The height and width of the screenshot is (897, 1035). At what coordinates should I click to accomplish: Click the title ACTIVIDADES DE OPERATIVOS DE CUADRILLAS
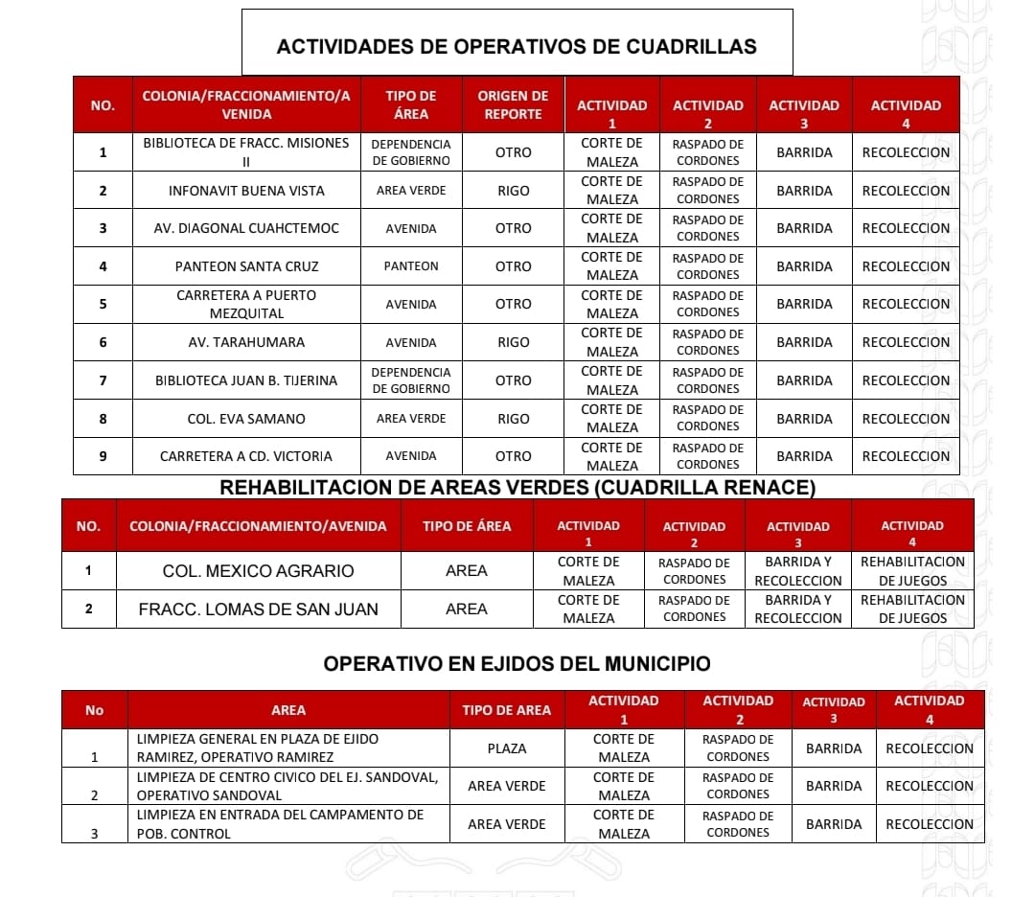(x=517, y=46)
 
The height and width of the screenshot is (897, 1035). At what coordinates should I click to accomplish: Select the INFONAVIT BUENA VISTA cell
(x=246, y=191)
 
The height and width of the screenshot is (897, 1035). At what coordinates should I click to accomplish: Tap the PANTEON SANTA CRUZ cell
(x=246, y=266)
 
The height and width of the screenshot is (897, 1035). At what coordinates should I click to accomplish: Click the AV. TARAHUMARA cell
(x=246, y=342)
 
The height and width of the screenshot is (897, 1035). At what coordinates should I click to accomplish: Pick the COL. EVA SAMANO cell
(x=246, y=419)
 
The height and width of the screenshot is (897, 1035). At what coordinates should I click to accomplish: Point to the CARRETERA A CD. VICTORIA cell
(x=246, y=456)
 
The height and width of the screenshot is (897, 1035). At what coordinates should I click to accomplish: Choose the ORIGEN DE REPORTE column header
(x=513, y=104)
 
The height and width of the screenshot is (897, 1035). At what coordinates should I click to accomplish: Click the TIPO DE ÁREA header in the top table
(x=410, y=104)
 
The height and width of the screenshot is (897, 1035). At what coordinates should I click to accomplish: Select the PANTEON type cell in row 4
(x=410, y=266)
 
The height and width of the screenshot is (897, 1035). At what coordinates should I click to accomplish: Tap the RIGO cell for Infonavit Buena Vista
(x=513, y=191)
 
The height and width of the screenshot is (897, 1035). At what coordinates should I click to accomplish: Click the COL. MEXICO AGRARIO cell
(x=258, y=571)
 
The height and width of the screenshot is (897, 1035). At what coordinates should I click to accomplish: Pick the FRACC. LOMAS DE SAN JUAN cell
(x=258, y=609)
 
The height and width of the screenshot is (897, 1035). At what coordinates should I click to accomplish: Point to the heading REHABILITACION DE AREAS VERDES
(x=517, y=488)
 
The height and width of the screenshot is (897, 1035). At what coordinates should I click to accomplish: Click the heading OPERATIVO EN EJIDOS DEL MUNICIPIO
(x=517, y=663)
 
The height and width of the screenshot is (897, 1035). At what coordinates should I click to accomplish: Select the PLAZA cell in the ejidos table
(x=506, y=748)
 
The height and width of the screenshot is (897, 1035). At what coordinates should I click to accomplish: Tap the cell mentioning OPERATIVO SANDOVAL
(x=287, y=786)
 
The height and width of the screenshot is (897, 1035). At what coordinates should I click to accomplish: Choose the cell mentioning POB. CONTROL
(x=287, y=824)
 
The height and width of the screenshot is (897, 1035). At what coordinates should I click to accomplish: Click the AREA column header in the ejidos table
(x=287, y=710)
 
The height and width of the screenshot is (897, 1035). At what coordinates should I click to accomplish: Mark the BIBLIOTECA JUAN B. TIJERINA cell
(x=246, y=380)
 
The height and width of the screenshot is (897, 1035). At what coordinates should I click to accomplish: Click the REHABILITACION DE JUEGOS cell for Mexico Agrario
(x=912, y=571)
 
